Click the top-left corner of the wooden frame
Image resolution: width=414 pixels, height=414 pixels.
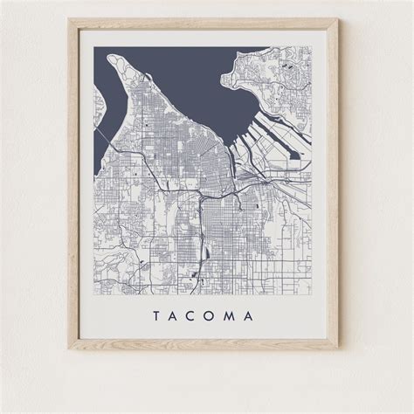(x=70, y=20)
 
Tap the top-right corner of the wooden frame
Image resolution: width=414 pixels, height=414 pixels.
(x=338, y=20)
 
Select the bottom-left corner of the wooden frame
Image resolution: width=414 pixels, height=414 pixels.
(x=70, y=349)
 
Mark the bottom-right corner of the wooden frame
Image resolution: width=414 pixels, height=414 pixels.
(x=338, y=349)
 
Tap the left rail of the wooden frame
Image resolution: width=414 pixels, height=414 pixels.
(x=73, y=183)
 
